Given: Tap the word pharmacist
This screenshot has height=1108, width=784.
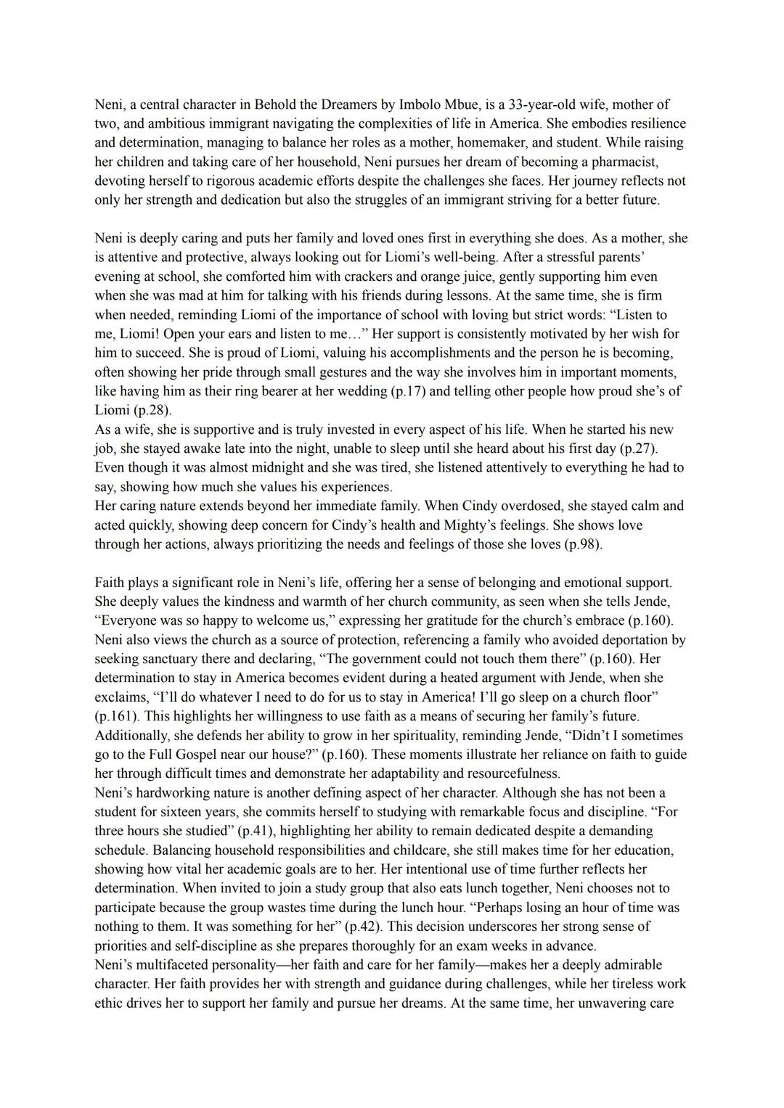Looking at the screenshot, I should coord(628,162).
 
